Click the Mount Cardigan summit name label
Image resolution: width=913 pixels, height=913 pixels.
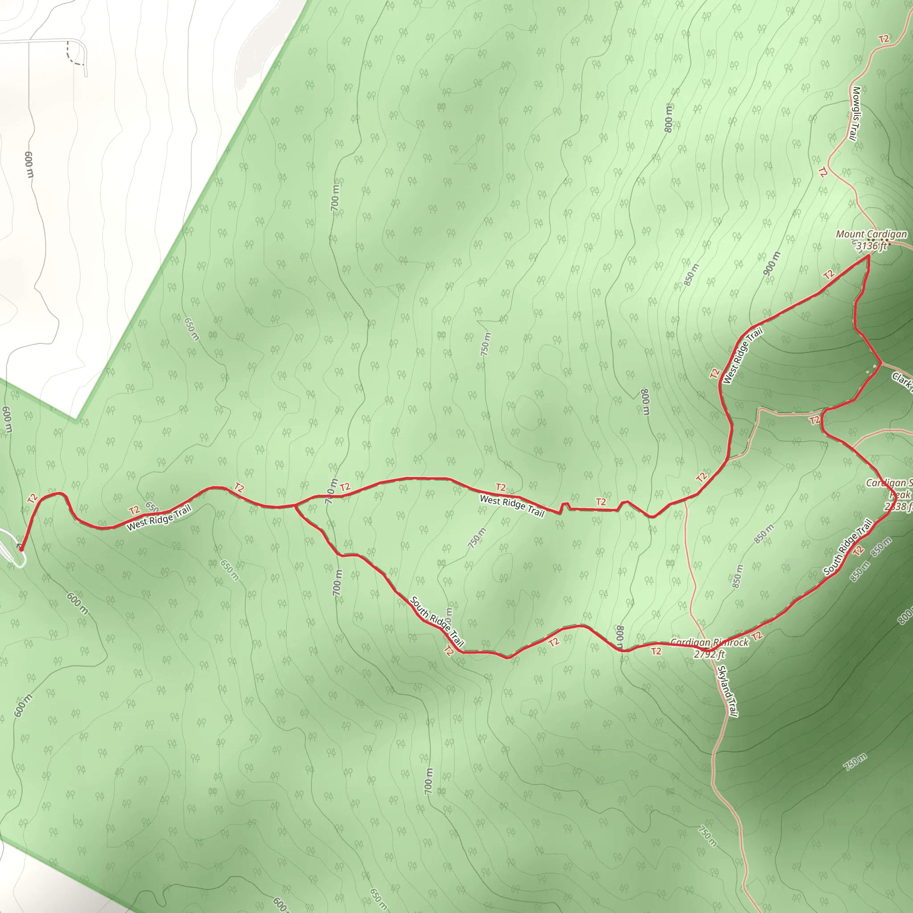pos(871,234)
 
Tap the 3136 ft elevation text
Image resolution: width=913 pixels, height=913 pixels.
pos(872,245)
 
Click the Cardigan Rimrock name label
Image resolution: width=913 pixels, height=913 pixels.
pos(709,643)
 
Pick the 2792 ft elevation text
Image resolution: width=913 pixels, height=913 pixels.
pos(709,654)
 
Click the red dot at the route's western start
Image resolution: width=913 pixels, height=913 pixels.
pos(21,549)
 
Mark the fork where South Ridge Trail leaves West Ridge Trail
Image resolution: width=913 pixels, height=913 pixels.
pos(295,506)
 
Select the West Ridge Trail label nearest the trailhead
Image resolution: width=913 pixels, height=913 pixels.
pos(159,517)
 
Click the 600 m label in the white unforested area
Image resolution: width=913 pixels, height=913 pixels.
pos(29,165)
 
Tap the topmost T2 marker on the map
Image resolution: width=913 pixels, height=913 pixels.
pos(884,39)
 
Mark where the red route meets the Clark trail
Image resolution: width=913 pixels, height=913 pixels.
pos(881,363)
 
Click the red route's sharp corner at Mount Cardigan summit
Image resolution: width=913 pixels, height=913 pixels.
pos(868,255)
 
